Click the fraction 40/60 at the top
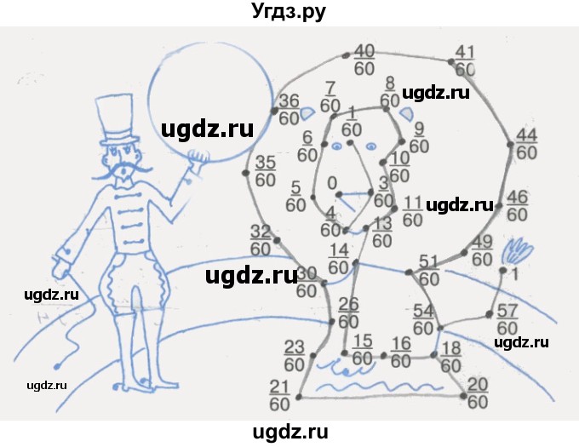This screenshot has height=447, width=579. click(x=364, y=58)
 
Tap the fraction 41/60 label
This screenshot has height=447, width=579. click(x=465, y=59)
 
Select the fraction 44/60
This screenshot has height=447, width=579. click(x=527, y=144)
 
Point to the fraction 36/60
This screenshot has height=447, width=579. click(x=289, y=108)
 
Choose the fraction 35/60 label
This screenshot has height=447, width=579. click(x=266, y=170)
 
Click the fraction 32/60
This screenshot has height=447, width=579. click(x=260, y=239)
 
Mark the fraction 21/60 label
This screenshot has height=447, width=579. click(x=281, y=394)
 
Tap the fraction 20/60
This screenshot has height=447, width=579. click(x=478, y=393)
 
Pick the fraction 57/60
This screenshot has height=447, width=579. click(x=507, y=318)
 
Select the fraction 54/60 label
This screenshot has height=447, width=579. click(x=423, y=318)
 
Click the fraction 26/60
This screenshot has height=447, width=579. click(x=348, y=313)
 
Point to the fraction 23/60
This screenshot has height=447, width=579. click(x=294, y=355)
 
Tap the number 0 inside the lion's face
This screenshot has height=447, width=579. click(x=332, y=182)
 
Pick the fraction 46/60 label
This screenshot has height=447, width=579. click(x=518, y=206)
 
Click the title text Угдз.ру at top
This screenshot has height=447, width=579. click(x=289, y=12)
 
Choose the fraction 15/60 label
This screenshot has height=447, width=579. click(x=362, y=349)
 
